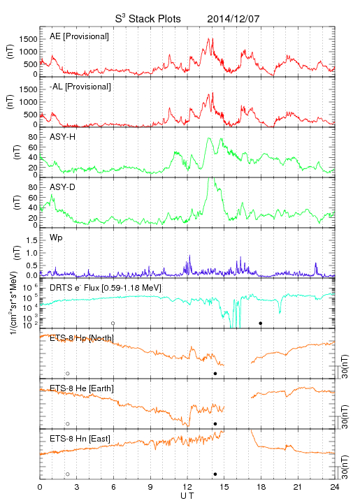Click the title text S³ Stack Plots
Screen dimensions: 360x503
(x=148, y=19)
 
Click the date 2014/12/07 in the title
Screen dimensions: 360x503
(x=233, y=19)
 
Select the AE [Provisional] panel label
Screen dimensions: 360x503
(x=79, y=36)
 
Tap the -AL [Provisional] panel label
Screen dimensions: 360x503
(x=80, y=87)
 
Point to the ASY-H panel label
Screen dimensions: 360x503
(x=63, y=137)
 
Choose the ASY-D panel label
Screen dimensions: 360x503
(x=63, y=187)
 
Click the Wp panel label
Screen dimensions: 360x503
(x=56, y=238)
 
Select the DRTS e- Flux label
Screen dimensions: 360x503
(x=106, y=288)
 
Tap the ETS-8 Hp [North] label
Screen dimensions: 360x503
(x=82, y=338)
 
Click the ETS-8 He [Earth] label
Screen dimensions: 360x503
(x=82, y=388)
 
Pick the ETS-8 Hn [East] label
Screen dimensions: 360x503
(x=80, y=439)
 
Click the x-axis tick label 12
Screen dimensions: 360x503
(x=187, y=487)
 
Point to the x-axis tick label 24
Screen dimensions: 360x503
(x=335, y=487)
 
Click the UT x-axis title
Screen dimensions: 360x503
(x=187, y=496)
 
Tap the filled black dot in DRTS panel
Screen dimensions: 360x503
(x=261, y=323)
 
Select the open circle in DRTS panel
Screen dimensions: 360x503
(x=113, y=323)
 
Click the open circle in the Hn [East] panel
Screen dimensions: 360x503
(x=68, y=474)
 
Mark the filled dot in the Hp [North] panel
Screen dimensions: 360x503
(x=215, y=374)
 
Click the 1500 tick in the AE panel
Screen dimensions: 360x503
(x=28, y=39)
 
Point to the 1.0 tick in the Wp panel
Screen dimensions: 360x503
(x=31, y=253)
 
